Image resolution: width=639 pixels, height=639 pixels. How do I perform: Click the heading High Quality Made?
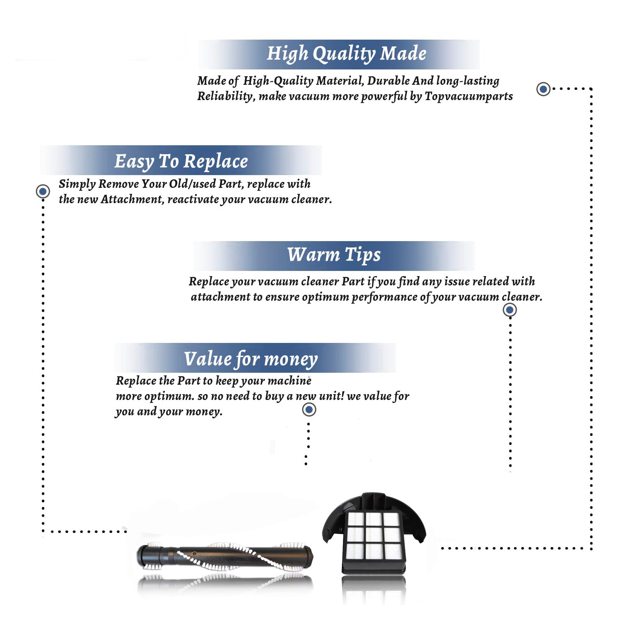click(346, 54)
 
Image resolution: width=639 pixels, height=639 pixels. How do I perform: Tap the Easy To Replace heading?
click(181, 161)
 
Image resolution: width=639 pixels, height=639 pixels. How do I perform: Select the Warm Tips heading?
click(334, 255)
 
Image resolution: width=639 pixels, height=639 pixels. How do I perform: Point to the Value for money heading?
click(251, 359)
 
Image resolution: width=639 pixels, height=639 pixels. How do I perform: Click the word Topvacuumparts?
click(469, 96)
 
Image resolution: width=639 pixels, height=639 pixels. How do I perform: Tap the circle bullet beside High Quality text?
click(543, 89)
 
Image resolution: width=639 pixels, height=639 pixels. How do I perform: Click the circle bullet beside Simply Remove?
click(43, 191)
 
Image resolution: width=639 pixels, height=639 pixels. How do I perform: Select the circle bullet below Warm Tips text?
click(510, 310)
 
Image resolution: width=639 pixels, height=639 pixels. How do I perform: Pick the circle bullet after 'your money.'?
click(309, 410)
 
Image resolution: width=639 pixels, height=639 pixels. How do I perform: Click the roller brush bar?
click(225, 556)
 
